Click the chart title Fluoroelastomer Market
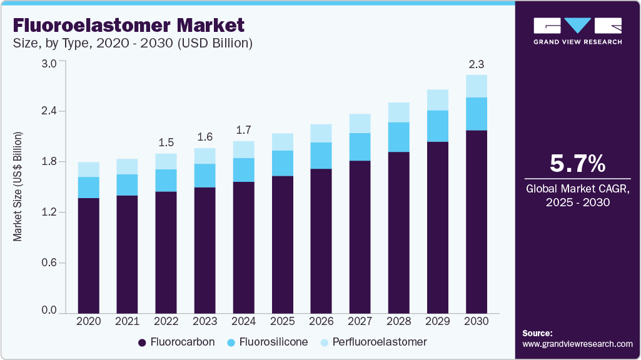tap(129, 26)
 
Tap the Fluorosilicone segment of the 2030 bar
tap(477, 114)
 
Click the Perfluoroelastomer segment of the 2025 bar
tap(283, 142)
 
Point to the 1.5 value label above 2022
tap(166, 142)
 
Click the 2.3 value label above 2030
tap(477, 64)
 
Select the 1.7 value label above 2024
tap(243, 130)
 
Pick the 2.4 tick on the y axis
tap(49, 111)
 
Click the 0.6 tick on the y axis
tap(49, 263)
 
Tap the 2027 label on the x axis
tap(360, 321)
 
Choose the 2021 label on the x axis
tap(127, 321)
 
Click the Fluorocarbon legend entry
tap(176, 342)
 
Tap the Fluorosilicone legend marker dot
tap(231, 342)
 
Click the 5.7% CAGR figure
tap(577, 164)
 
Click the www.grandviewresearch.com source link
tap(577, 344)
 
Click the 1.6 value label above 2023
tap(204, 137)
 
